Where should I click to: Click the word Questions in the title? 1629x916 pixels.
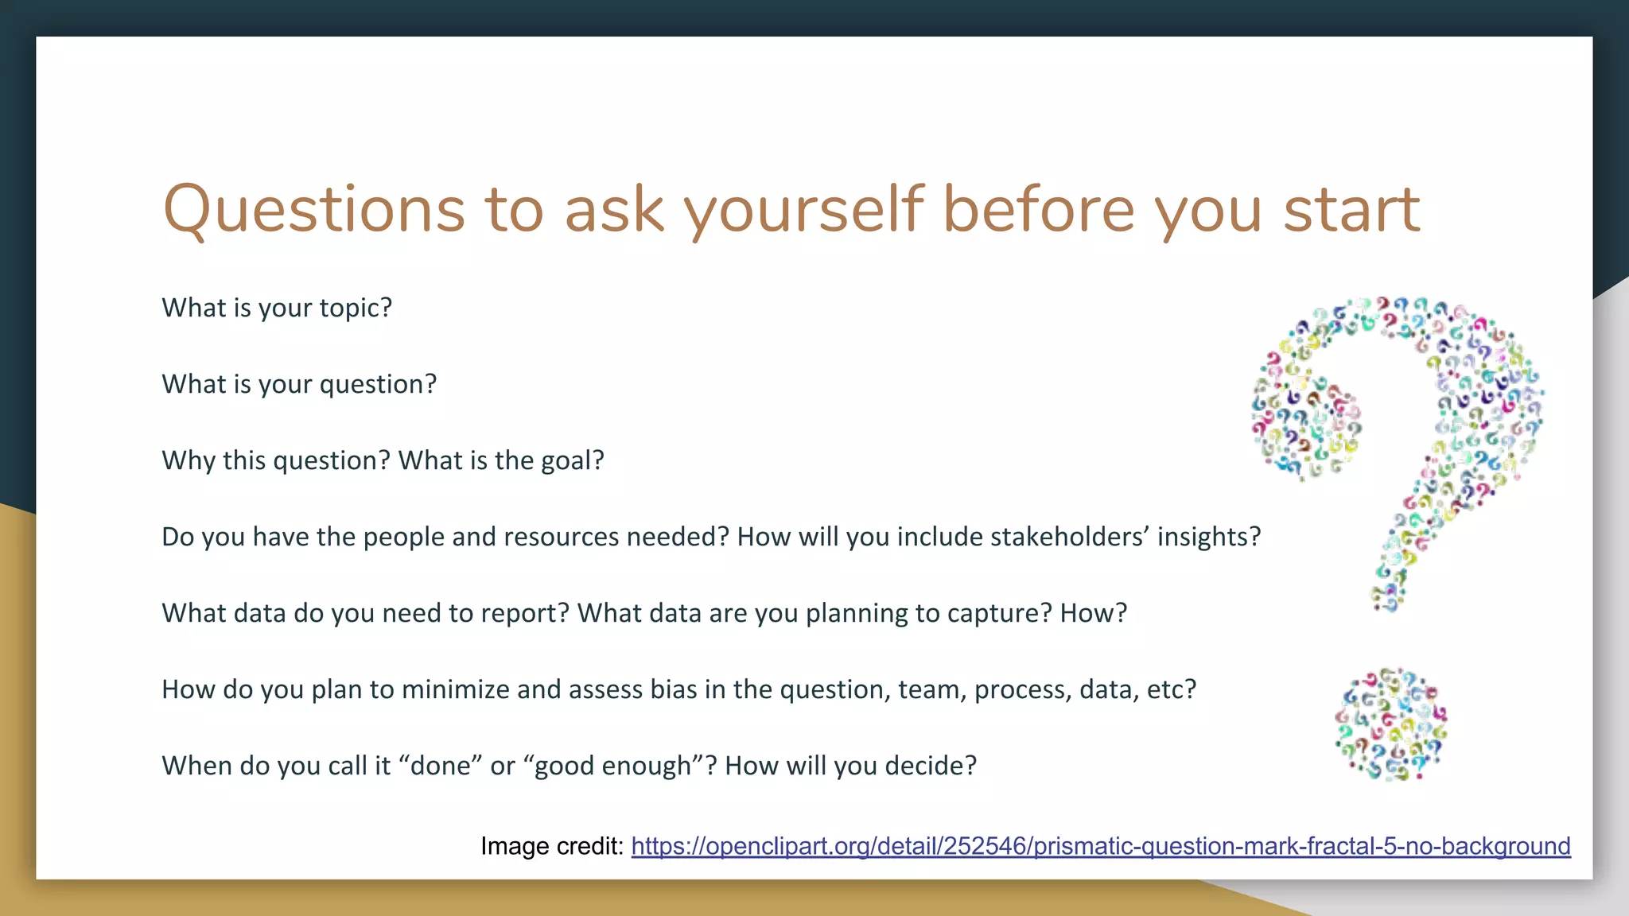[x=313, y=209]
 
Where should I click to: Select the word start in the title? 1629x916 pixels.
[x=1351, y=209]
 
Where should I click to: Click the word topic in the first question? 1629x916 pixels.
[x=355, y=308]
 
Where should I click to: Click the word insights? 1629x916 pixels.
[x=1208, y=537]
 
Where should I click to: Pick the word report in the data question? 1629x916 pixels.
[x=525, y=613]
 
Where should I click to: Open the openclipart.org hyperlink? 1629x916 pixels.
[x=1101, y=846]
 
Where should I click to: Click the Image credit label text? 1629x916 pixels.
[x=552, y=846]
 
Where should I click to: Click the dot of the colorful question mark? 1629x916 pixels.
[x=1391, y=724]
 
